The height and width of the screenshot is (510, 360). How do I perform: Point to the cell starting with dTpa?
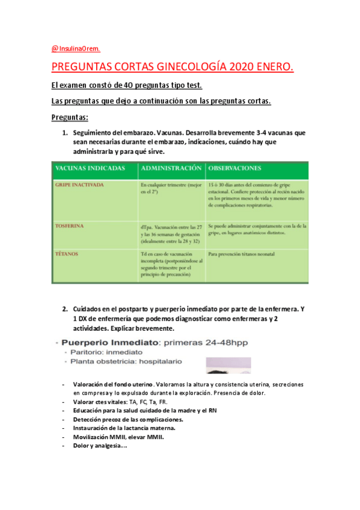point(171,234)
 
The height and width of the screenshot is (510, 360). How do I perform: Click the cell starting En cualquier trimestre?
point(171,189)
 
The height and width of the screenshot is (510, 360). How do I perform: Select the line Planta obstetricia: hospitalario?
point(128,362)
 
